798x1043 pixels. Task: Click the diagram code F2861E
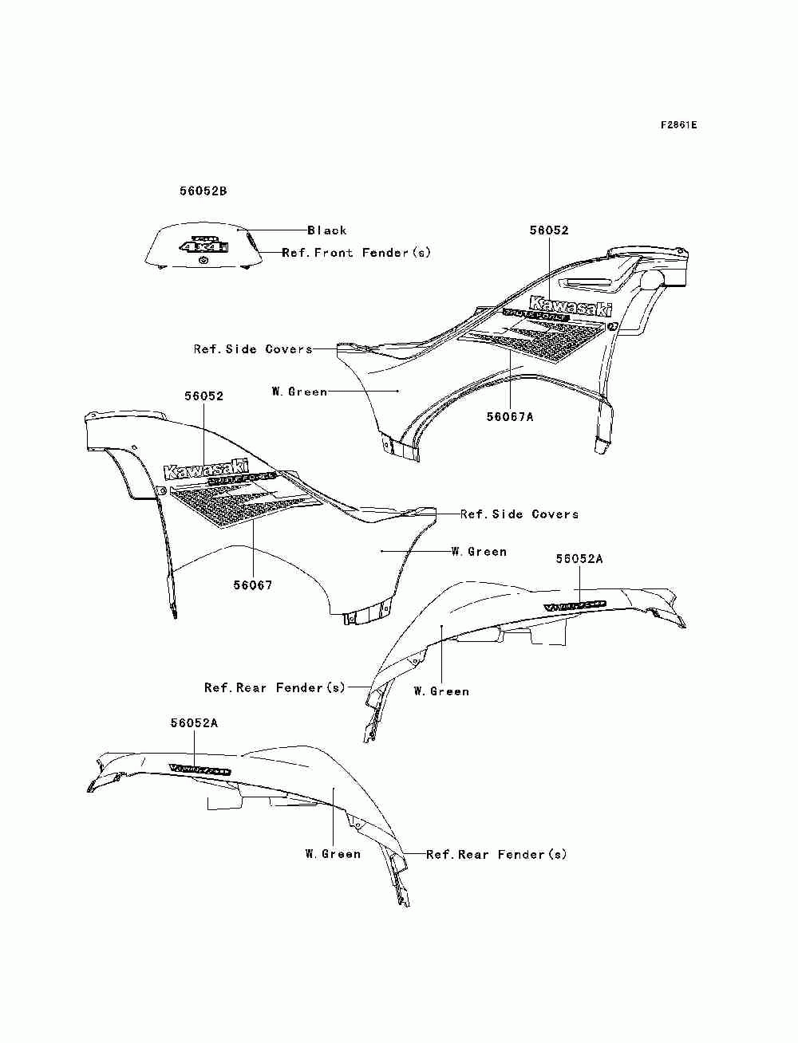click(x=678, y=125)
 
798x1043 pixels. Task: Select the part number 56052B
click(x=203, y=191)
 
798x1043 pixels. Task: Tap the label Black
click(x=327, y=230)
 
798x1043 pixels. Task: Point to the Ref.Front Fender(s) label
click(x=356, y=253)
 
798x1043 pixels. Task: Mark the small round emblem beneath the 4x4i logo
click(x=203, y=259)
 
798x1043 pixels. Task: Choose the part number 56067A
click(x=510, y=416)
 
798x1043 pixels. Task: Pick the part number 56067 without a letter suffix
click(x=253, y=585)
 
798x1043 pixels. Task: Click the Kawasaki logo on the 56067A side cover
click(x=571, y=307)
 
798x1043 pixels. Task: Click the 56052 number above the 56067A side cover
click(x=549, y=230)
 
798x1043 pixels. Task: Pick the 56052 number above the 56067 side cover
click(x=204, y=396)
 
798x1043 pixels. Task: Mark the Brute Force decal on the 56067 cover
click(x=241, y=479)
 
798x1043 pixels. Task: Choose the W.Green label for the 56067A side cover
click(x=299, y=392)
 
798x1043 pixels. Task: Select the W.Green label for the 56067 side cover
click(x=479, y=552)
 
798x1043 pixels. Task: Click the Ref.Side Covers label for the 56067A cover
click(x=253, y=349)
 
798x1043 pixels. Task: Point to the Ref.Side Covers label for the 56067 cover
click(x=519, y=514)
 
